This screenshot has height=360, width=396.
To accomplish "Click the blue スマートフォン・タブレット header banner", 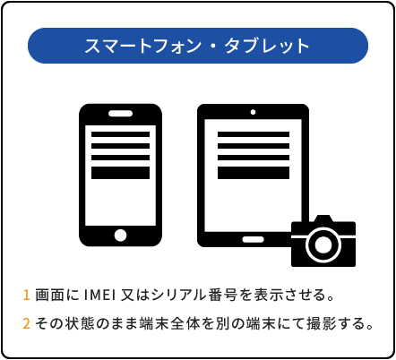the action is (198, 46).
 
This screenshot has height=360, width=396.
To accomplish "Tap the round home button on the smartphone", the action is (120, 236).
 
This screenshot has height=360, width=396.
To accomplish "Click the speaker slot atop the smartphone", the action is (120, 114).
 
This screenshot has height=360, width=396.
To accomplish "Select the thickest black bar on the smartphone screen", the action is (120, 173).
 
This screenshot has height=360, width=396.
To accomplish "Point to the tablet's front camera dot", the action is (253, 112).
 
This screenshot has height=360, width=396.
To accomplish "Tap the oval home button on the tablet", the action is (253, 239).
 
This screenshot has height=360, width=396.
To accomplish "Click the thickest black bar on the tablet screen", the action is (254, 173).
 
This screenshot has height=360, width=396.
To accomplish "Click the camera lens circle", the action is (323, 244).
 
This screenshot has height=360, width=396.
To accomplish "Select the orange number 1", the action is (26, 295).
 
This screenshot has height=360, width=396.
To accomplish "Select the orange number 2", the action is (26, 323).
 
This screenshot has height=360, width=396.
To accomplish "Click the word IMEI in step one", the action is (100, 295).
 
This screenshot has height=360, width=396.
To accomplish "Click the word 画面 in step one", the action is (49, 295).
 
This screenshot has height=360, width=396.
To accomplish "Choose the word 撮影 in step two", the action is (322, 323).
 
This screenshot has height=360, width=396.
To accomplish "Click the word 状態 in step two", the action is (79, 323).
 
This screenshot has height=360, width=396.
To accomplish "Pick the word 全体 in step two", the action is (185, 323).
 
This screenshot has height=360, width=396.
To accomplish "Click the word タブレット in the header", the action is (267, 46).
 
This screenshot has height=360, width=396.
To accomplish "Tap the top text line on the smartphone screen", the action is (120, 134).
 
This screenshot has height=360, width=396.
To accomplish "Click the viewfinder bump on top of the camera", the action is (323, 219).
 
